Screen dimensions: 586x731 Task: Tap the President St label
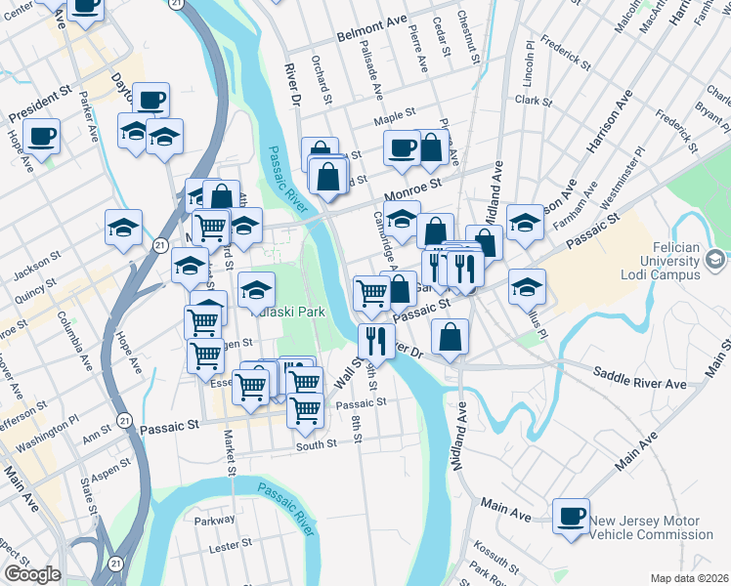[41, 107]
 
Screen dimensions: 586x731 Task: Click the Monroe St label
[413, 183]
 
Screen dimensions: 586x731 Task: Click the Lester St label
[232, 543]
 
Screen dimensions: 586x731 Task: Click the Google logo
[31, 573]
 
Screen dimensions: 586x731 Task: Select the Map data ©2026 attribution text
[690, 578]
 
